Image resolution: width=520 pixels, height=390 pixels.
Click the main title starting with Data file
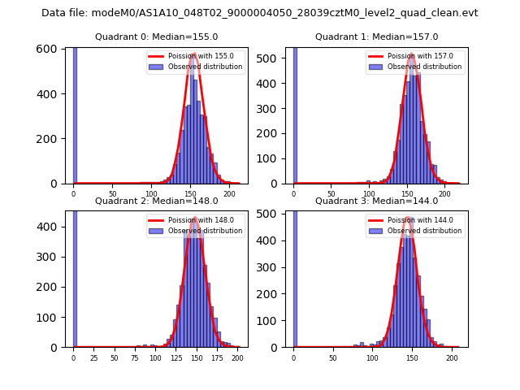tap(260, 13)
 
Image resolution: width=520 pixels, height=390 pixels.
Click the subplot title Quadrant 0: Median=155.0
tap(156, 37)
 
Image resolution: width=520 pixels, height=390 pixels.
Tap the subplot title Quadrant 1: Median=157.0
tap(376, 37)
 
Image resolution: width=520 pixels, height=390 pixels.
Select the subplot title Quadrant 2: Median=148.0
tap(156, 201)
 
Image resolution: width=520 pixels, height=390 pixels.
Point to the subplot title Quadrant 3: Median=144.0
tap(376, 201)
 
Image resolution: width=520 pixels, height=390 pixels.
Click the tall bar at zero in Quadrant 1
tap(294, 114)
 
